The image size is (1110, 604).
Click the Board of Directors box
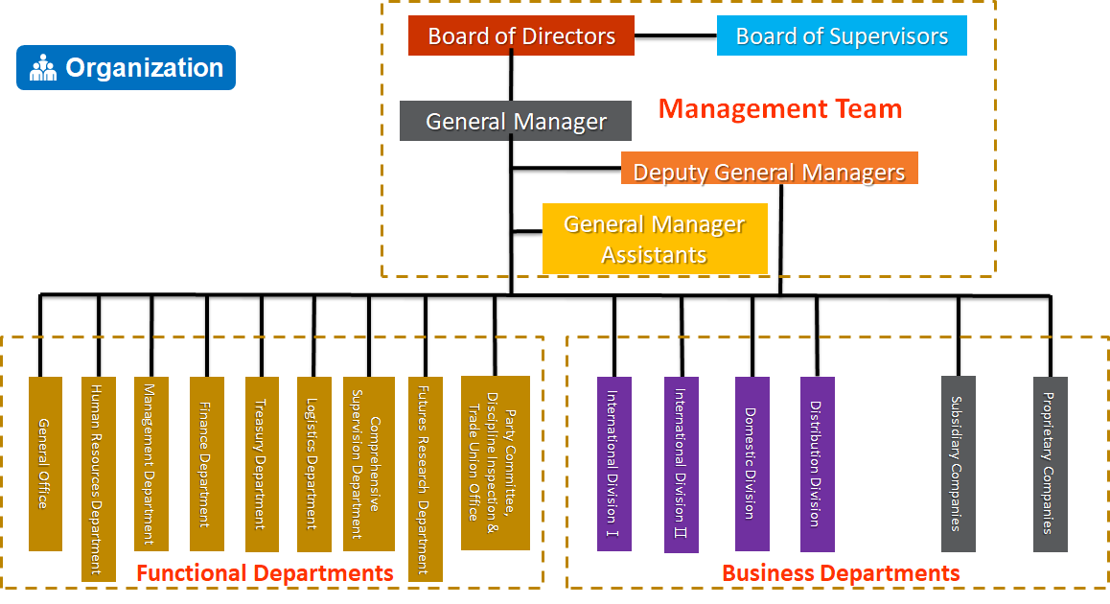520,36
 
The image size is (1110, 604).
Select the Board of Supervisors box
842,36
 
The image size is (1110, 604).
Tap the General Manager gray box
516,122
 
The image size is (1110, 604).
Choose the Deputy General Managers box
769,172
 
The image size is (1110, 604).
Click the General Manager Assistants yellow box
655,239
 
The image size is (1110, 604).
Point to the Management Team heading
780,109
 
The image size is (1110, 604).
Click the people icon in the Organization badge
43,68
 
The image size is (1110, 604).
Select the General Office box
45,464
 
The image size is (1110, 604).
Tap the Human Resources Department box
99,478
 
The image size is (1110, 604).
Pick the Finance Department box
207,464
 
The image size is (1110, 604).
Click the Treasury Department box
262,464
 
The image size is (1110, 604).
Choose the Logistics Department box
313,464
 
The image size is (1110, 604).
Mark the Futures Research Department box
426,478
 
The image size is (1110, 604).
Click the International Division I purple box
614,464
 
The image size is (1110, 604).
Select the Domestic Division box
752,464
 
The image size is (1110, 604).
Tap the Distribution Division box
818,464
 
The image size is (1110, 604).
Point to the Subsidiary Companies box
958,464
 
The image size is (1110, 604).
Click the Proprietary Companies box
1051,464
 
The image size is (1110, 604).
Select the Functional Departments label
265,573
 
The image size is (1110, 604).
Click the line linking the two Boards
676,36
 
